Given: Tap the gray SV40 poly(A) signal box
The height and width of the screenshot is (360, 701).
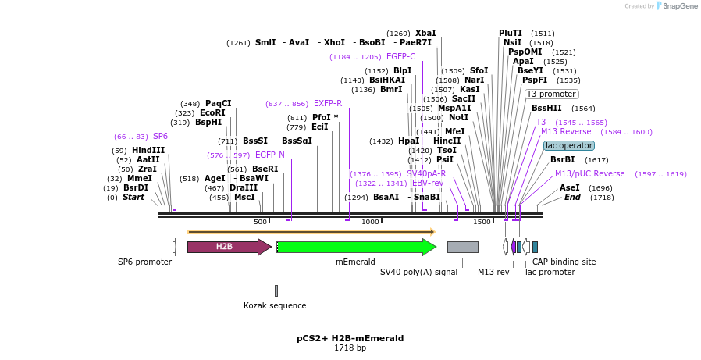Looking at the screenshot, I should pos(462,247).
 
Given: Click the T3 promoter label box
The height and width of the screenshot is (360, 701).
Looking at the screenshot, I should pos(551,94).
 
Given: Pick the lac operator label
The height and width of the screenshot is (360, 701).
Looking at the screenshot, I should pos(569,145).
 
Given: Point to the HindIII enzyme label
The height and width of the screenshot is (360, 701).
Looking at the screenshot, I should pos(148,150).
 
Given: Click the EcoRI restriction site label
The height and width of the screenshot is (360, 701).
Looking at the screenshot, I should pos(212,112).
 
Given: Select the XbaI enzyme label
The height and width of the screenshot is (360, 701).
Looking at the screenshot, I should pos(425,33).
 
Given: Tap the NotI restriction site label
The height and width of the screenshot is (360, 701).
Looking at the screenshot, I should pos(458,117).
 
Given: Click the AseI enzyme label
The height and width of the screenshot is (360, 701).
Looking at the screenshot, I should pos(570,187).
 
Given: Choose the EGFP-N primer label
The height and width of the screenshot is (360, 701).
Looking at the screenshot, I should pos(270,155).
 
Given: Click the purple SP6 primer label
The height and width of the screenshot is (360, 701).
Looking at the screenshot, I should pos(160,136).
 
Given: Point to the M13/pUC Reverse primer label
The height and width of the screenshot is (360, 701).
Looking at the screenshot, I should pos(589,173).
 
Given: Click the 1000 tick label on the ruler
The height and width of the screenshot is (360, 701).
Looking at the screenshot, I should pos(370,222).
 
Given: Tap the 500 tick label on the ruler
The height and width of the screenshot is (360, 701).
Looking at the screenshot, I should pos(260,222).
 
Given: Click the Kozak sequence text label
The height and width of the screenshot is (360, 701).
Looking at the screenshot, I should pos(275,305).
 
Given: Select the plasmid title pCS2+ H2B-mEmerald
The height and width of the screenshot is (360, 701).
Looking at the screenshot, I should pos(350,338).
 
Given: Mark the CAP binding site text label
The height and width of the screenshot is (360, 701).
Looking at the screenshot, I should pos(564,262).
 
